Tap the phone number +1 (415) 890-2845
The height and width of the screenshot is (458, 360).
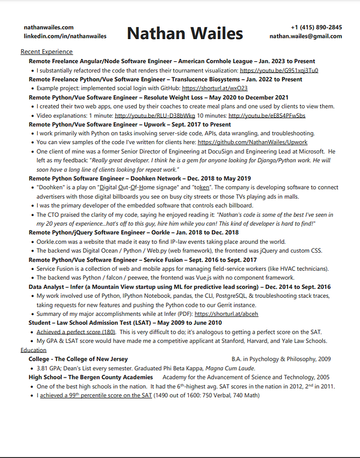tap(316, 28)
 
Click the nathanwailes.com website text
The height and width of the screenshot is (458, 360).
tap(49, 28)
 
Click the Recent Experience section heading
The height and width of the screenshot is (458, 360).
tap(47, 52)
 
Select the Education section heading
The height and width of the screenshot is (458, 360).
tap(33, 349)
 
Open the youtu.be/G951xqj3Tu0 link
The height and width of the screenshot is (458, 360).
tap(278, 70)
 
